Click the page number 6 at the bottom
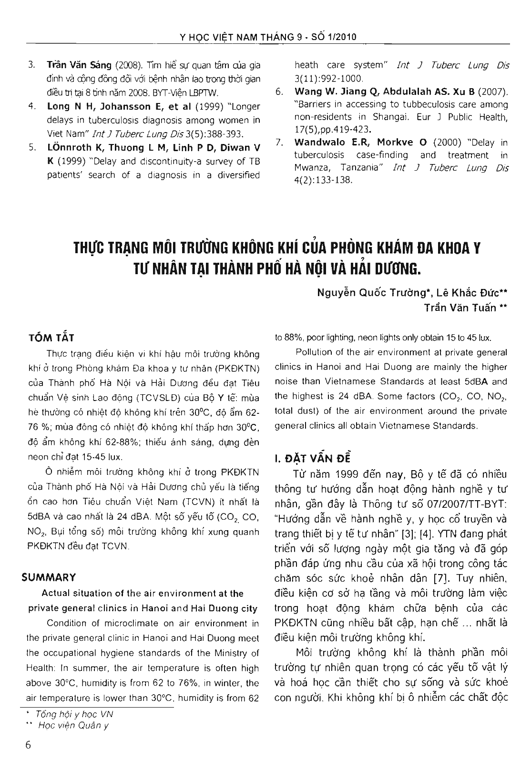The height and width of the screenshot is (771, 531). point(28,746)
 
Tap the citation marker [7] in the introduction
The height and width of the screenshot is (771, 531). point(441,579)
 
